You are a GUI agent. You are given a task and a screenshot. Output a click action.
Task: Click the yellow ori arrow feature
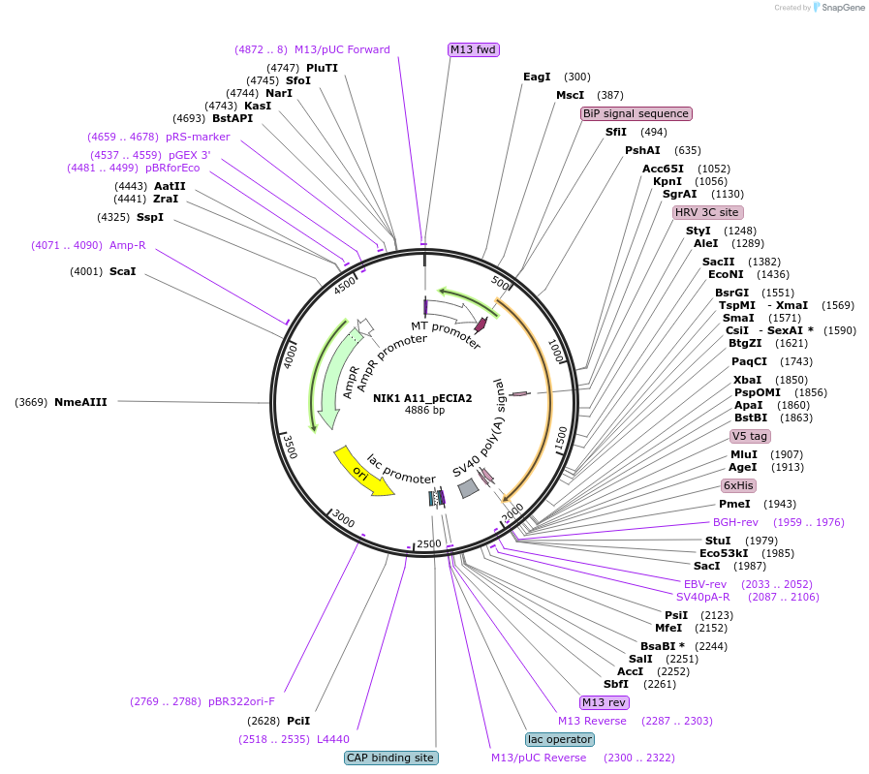[363, 472]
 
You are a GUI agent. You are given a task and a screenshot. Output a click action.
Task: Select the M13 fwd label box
[474, 49]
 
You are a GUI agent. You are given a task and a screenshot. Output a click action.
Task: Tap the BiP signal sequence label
[636, 113]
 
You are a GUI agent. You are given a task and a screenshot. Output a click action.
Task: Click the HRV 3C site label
[707, 212]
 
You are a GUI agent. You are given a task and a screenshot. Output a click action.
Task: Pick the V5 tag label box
[750, 436]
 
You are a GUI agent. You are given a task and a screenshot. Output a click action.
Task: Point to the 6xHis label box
[738, 485]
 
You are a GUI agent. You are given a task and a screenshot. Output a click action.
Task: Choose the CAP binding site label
[390, 758]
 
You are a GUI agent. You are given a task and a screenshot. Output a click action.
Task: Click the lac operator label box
[559, 739]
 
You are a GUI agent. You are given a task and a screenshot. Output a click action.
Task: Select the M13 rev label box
[604, 702]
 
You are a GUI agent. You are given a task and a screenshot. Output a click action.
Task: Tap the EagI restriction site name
[537, 77]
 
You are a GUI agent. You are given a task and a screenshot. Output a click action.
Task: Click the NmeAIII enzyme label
[80, 401]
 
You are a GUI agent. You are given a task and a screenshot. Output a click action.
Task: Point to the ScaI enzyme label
[122, 271]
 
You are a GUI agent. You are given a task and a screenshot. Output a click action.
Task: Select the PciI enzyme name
[298, 721]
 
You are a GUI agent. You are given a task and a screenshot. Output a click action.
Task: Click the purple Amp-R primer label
[128, 245]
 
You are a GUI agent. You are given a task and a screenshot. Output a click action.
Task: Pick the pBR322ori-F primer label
[242, 701]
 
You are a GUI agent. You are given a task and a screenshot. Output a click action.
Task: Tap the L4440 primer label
[332, 739]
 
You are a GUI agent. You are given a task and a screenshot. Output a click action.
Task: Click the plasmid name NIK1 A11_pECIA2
[424, 398]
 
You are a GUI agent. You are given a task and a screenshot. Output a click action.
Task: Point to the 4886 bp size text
[424, 411]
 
